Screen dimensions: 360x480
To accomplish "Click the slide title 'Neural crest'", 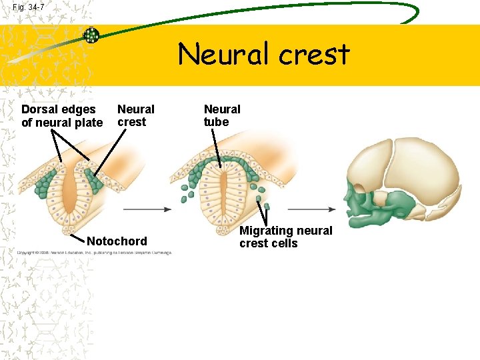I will tap(263, 54).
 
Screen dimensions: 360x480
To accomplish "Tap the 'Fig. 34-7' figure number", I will tap(29, 7).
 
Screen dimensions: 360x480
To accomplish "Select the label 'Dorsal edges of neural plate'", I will tap(62, 115).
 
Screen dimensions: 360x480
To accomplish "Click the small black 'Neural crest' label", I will tap(135, 115).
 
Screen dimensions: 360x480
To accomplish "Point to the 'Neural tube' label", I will tap(222, 115).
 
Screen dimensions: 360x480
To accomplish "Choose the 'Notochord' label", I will tap(117, 241).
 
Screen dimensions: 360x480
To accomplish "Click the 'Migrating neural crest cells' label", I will tap(285, 237).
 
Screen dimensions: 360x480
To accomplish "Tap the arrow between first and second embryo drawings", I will tap(147, 209).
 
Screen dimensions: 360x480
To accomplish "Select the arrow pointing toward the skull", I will tap(310, 209).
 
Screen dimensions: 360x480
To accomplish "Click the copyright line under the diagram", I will tap(94, 253).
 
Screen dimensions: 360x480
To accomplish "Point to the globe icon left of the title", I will tap(91, 35).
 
